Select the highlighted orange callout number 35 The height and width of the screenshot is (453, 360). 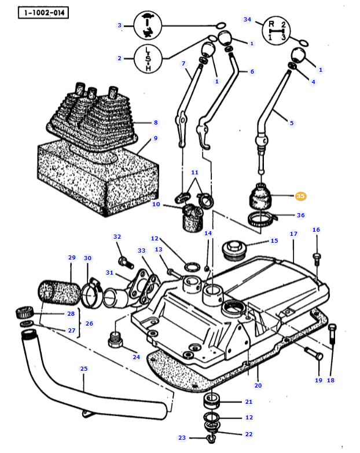pyautogui.click(x=300, y=196)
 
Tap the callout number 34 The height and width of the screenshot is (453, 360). pyautogui.click(x=247, y=20)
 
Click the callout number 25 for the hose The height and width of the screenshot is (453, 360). pyautogui.click(x=83, y=368)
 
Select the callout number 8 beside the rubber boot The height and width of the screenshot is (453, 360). pyautogui.click(x=155, y=123)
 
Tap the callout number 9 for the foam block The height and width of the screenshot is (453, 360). pyautogui.click(x=155, y=138)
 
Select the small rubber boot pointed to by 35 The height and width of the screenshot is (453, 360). pyautogui.click(x=260, y=197)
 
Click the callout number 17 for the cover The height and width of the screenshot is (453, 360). pyautogui.click(x=293, y=234)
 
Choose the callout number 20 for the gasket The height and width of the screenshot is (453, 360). pyautogui.click(x=258, y=385)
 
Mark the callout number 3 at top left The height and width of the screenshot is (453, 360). pyautogui.click(x=120, y=25)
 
